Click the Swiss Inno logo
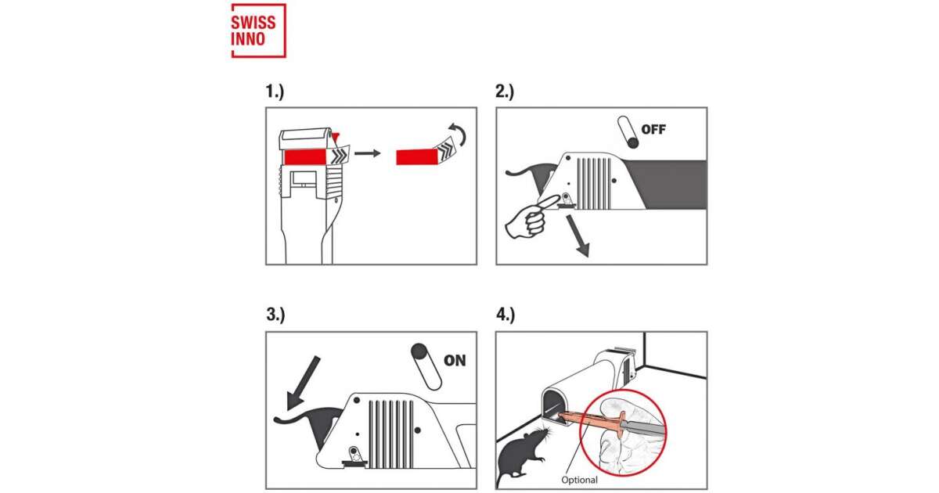[x=259, y=31]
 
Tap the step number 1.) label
[x=275, y=92]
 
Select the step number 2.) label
[x=505, y=92]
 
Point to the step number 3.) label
[x=275, y=315]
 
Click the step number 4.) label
[x=505, y=315]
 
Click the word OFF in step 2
[x=653, y=130]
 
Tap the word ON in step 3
[x=455, y=361]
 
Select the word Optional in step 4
[x=580, y=480]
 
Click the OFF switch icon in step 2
[x=628, y=132]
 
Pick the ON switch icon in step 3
[x=426, y=367]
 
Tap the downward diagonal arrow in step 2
[x=578, y=236]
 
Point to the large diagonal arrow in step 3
[x=303, y=383]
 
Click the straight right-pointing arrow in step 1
[x=367, y=153]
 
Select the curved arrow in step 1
[x=459, y=134]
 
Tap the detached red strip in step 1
[x=417, y=157]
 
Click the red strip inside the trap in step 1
[x=305, y=157]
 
